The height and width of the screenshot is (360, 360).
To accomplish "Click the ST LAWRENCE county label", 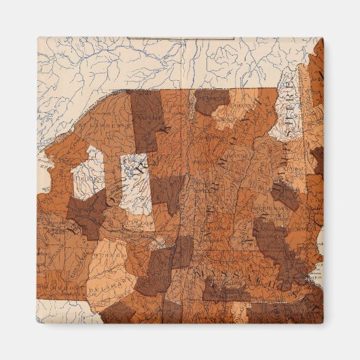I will point(95,125).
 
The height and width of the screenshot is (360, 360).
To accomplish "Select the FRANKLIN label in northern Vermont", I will point(213,99).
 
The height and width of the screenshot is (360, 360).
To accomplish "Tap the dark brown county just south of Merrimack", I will point(272,234).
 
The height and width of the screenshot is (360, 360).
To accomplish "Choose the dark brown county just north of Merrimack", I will point(285,194).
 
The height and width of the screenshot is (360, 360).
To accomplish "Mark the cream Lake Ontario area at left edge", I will point(42,163).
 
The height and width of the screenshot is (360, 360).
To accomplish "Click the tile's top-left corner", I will point(38,38).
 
